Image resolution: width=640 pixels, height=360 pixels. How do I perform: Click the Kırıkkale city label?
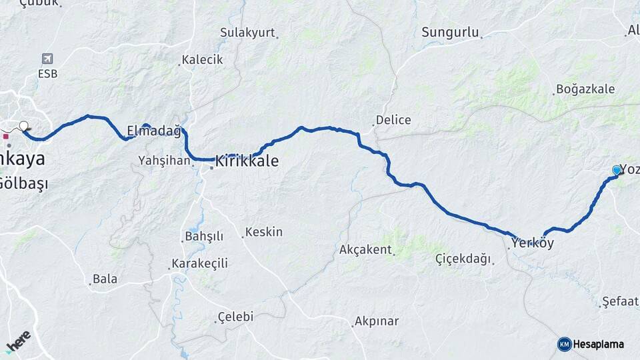click(247, 161)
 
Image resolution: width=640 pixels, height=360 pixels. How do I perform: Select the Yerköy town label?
click(533, 243)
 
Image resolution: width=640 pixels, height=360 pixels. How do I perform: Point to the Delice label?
click(393, 120)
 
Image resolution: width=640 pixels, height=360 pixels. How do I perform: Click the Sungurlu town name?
click(451, 32)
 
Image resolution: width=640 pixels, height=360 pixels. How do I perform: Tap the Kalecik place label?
click(203, 59)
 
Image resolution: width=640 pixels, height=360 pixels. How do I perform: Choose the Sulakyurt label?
click(247, 32)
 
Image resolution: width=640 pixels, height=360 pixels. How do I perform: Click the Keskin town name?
click(264, 232)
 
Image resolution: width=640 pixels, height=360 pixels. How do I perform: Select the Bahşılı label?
click(203, 237)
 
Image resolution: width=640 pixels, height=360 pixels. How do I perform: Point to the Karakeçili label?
click(199, 263)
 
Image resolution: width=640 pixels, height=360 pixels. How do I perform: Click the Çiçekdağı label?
click(463, 259)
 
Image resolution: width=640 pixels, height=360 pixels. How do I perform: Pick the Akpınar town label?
click(377, 321)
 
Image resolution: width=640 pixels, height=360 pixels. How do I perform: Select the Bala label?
click(105, 279)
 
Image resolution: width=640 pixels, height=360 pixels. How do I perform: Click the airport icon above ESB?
click(47, 59)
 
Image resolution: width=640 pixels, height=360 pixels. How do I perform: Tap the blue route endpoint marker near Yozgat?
click(616, 171)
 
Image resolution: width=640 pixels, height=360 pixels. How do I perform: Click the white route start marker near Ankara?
click(24, 126)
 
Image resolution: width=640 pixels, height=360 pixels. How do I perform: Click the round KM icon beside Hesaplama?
click(564, 344)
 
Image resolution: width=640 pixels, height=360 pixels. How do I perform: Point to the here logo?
click(19, 341)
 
